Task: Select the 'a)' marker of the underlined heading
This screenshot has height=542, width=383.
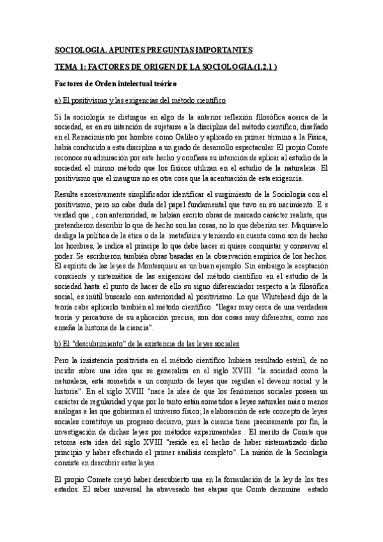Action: tap(57, 100)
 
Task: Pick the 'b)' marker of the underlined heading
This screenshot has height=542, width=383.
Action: tap(57, 343)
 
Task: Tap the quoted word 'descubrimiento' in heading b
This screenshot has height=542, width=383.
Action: tap(95, 343)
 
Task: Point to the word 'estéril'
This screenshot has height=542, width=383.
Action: tap(282, 361)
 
